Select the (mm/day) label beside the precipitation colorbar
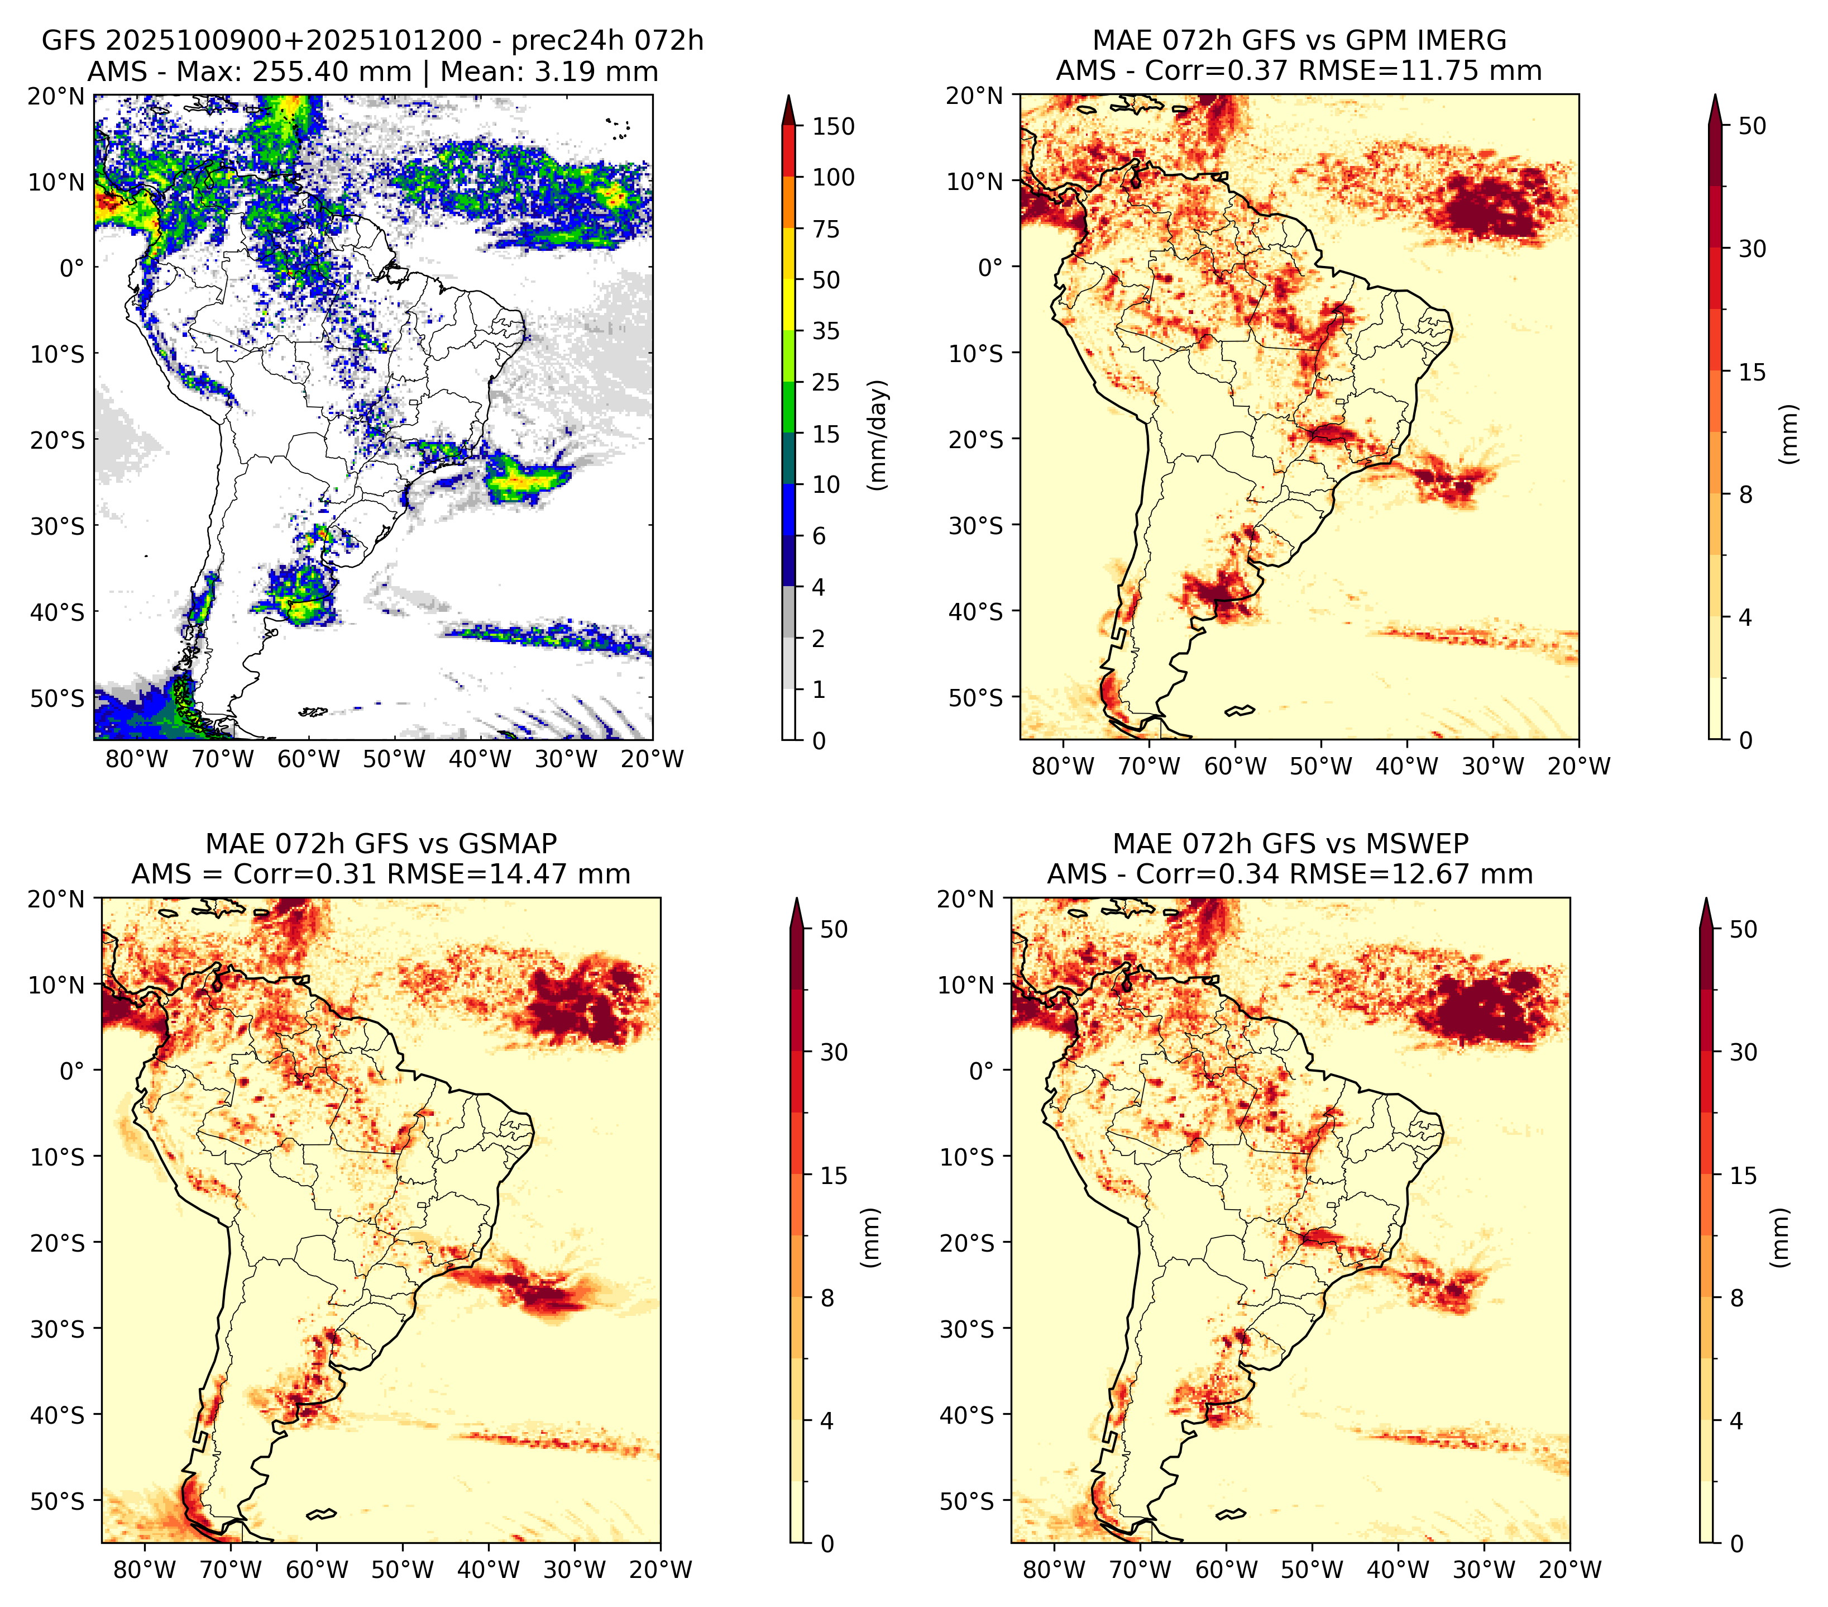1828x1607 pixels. pos(879,435)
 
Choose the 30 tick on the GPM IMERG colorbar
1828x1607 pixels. pos(1753,249)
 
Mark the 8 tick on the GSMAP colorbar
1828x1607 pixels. pos(827,1299)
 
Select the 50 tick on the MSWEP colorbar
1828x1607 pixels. pos(1744,930)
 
